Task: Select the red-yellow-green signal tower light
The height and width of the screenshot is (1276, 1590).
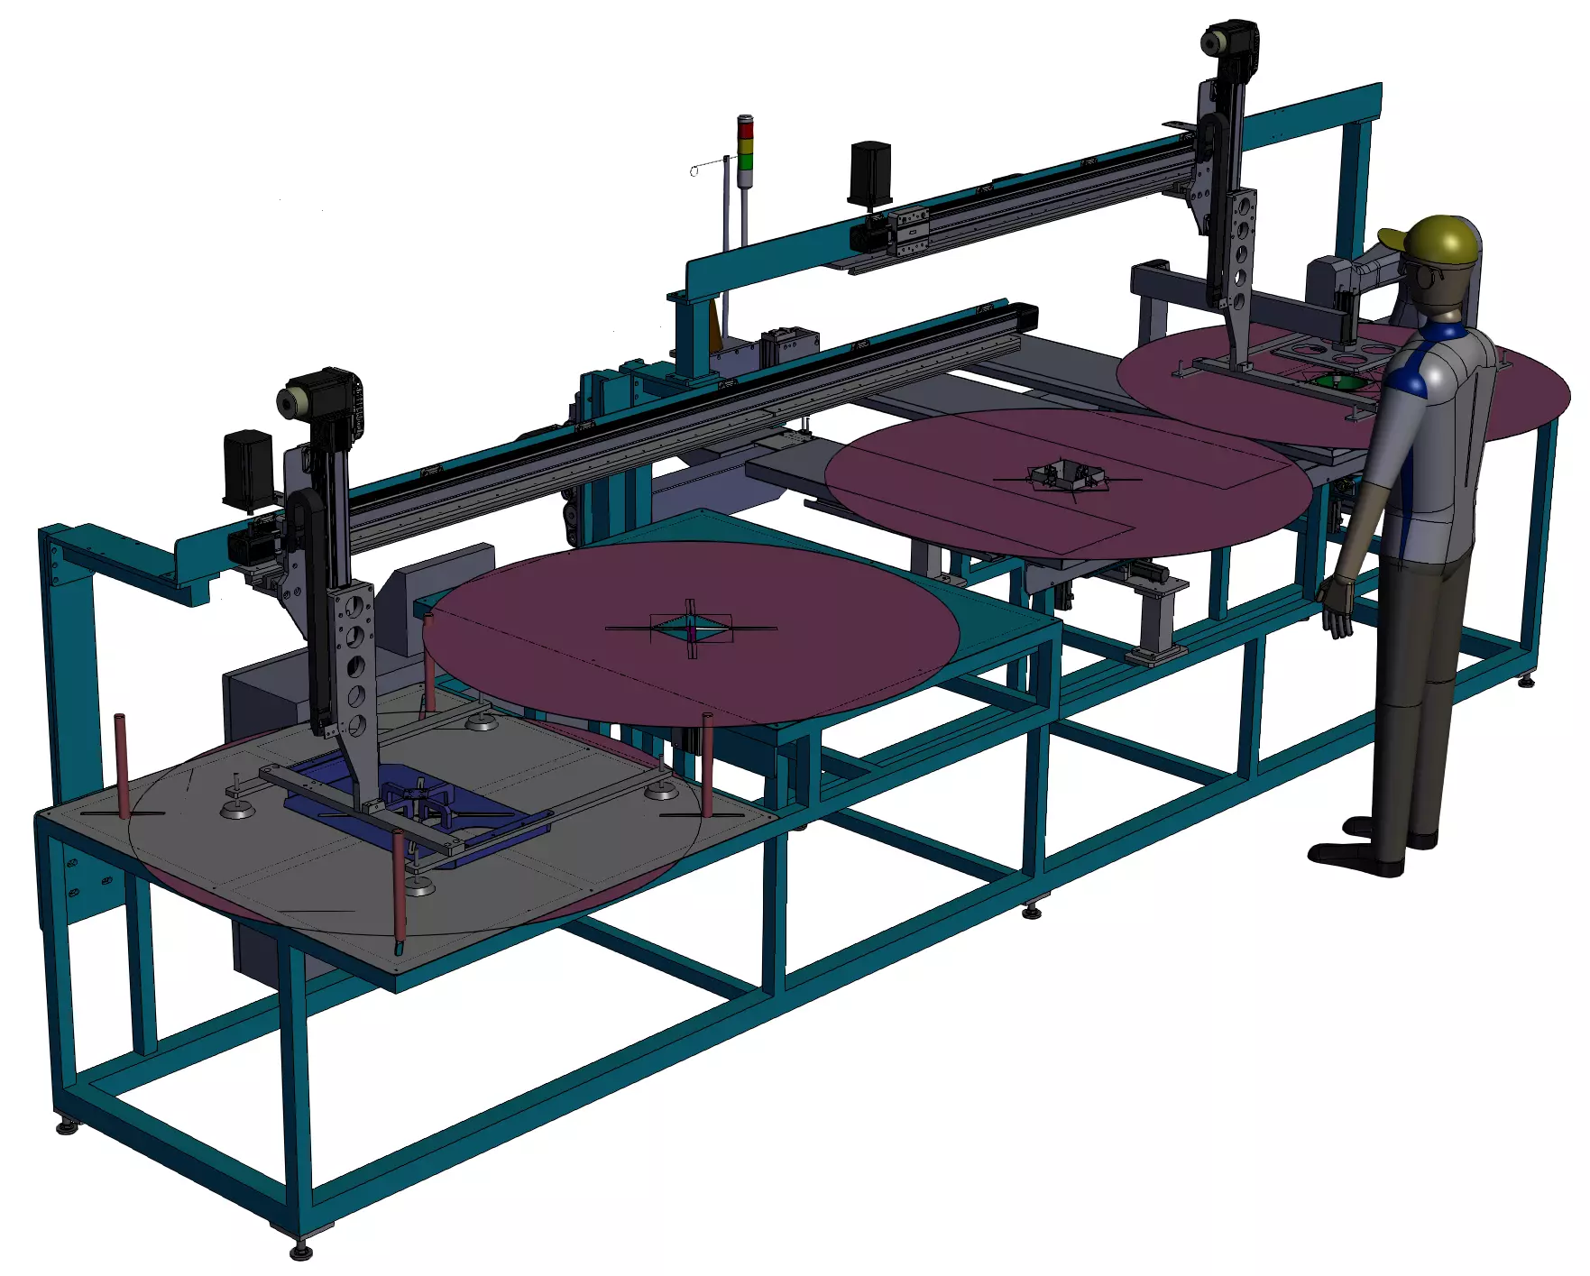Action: [745, 144]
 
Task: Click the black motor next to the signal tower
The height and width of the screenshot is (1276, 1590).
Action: [870, 171]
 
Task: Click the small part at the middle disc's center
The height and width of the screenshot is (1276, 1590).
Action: [1066, 475]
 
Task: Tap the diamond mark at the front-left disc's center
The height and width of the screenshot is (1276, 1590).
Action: [692, 629]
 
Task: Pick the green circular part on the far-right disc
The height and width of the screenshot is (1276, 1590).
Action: [1335, 382]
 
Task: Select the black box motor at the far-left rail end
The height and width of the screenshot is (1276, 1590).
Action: [247, 464]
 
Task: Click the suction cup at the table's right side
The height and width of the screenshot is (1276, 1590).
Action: [661, 792]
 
